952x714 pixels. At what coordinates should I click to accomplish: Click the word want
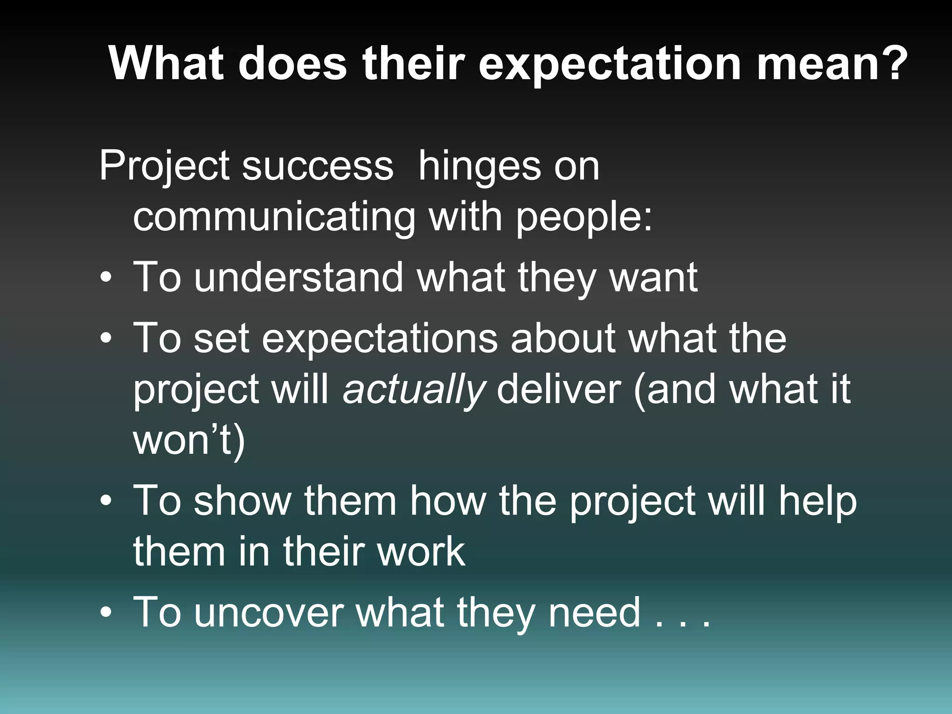(x=653, y=278)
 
